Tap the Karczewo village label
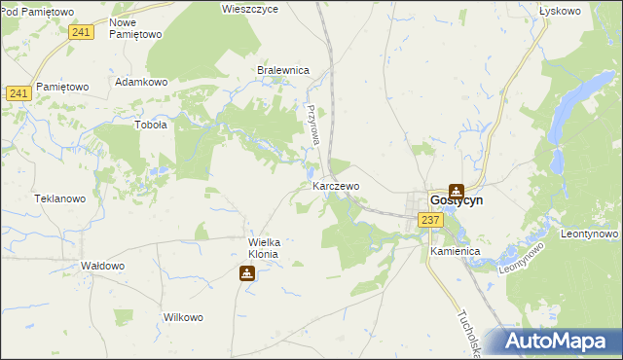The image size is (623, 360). pos(336,185)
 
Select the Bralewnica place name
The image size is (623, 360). pos(282,70)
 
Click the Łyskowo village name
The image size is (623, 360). pos(560,11)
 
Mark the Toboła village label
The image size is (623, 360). pos(150,125)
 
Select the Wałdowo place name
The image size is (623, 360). pos(102,266)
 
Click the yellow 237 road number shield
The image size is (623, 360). pos(431,220)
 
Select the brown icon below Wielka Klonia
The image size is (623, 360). pos(247,274)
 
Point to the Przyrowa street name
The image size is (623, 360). pos(313,126)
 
